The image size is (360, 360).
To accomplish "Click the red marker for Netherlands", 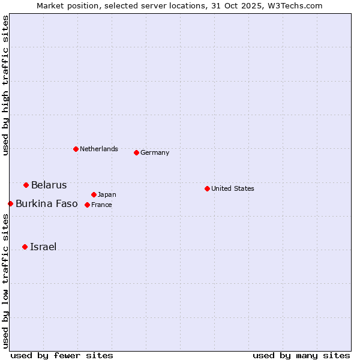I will coord(76,149).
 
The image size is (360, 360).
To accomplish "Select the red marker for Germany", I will coord(136,152).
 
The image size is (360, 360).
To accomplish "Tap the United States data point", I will coord(207,188).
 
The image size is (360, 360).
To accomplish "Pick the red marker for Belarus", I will coord(26,185).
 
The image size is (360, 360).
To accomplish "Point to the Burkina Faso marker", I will coord(10,203).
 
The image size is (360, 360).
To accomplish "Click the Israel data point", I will coord(25,247).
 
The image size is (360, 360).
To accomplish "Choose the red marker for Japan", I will coord(94,194).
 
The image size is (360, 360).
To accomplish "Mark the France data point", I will coord(87,205).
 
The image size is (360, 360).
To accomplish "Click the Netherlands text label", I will coord(99,149).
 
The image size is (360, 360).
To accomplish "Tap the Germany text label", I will coord(155,152).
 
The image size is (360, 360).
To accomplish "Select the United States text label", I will coord(233,188).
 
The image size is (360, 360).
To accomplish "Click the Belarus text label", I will coord(49,185).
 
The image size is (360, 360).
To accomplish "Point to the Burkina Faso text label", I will coord(47,203).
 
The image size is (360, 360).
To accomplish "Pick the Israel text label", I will coord(43,247).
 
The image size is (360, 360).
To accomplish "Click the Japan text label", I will coord(107,194).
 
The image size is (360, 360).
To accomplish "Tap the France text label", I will coord(101,205).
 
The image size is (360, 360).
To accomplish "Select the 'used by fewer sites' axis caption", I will coord(62,355).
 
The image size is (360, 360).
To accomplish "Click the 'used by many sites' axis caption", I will coord(301,355).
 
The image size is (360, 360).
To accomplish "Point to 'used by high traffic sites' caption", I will coord(5,85).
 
